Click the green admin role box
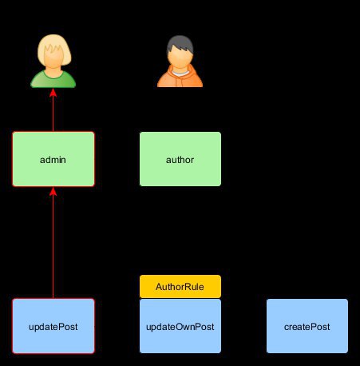click(x=53, y=159)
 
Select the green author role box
click(x=180, y=159)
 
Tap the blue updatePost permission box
click(x=53, y=326)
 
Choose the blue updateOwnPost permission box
click(x=180, y=326)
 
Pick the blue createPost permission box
click(x=307, y=326)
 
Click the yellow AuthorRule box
click(x=180, y=286)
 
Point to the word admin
click(x=53, y=160)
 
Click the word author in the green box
click(x=180, y=160)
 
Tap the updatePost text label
click(x=53, y=327)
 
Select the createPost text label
click(x=307, y=327)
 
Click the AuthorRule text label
click(x=180, y=287)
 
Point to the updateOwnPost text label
click(x=180, y=327)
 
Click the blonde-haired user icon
click(x=53, y=61)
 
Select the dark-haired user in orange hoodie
click(x=180, y=61)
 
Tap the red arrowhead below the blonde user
click(x=53, y=93)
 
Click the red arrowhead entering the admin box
click(x=53, y=191)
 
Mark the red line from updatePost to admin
click(x=53, y=243)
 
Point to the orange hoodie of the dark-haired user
click(x=180, y=78)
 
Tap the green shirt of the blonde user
click(x=53, y=81)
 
